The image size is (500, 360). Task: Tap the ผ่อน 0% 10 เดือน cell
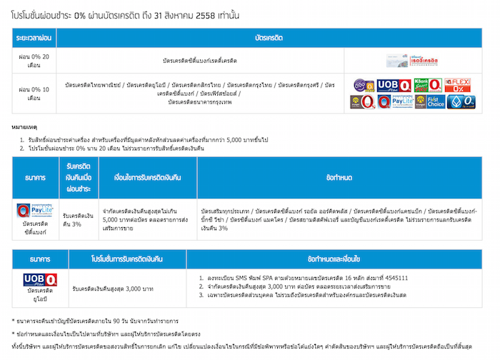(34, 94)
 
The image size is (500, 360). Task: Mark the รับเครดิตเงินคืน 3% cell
(77, 219)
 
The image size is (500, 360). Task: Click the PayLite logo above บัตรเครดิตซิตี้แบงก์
(34, 212)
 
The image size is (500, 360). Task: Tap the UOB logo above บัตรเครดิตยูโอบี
(34, 279)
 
